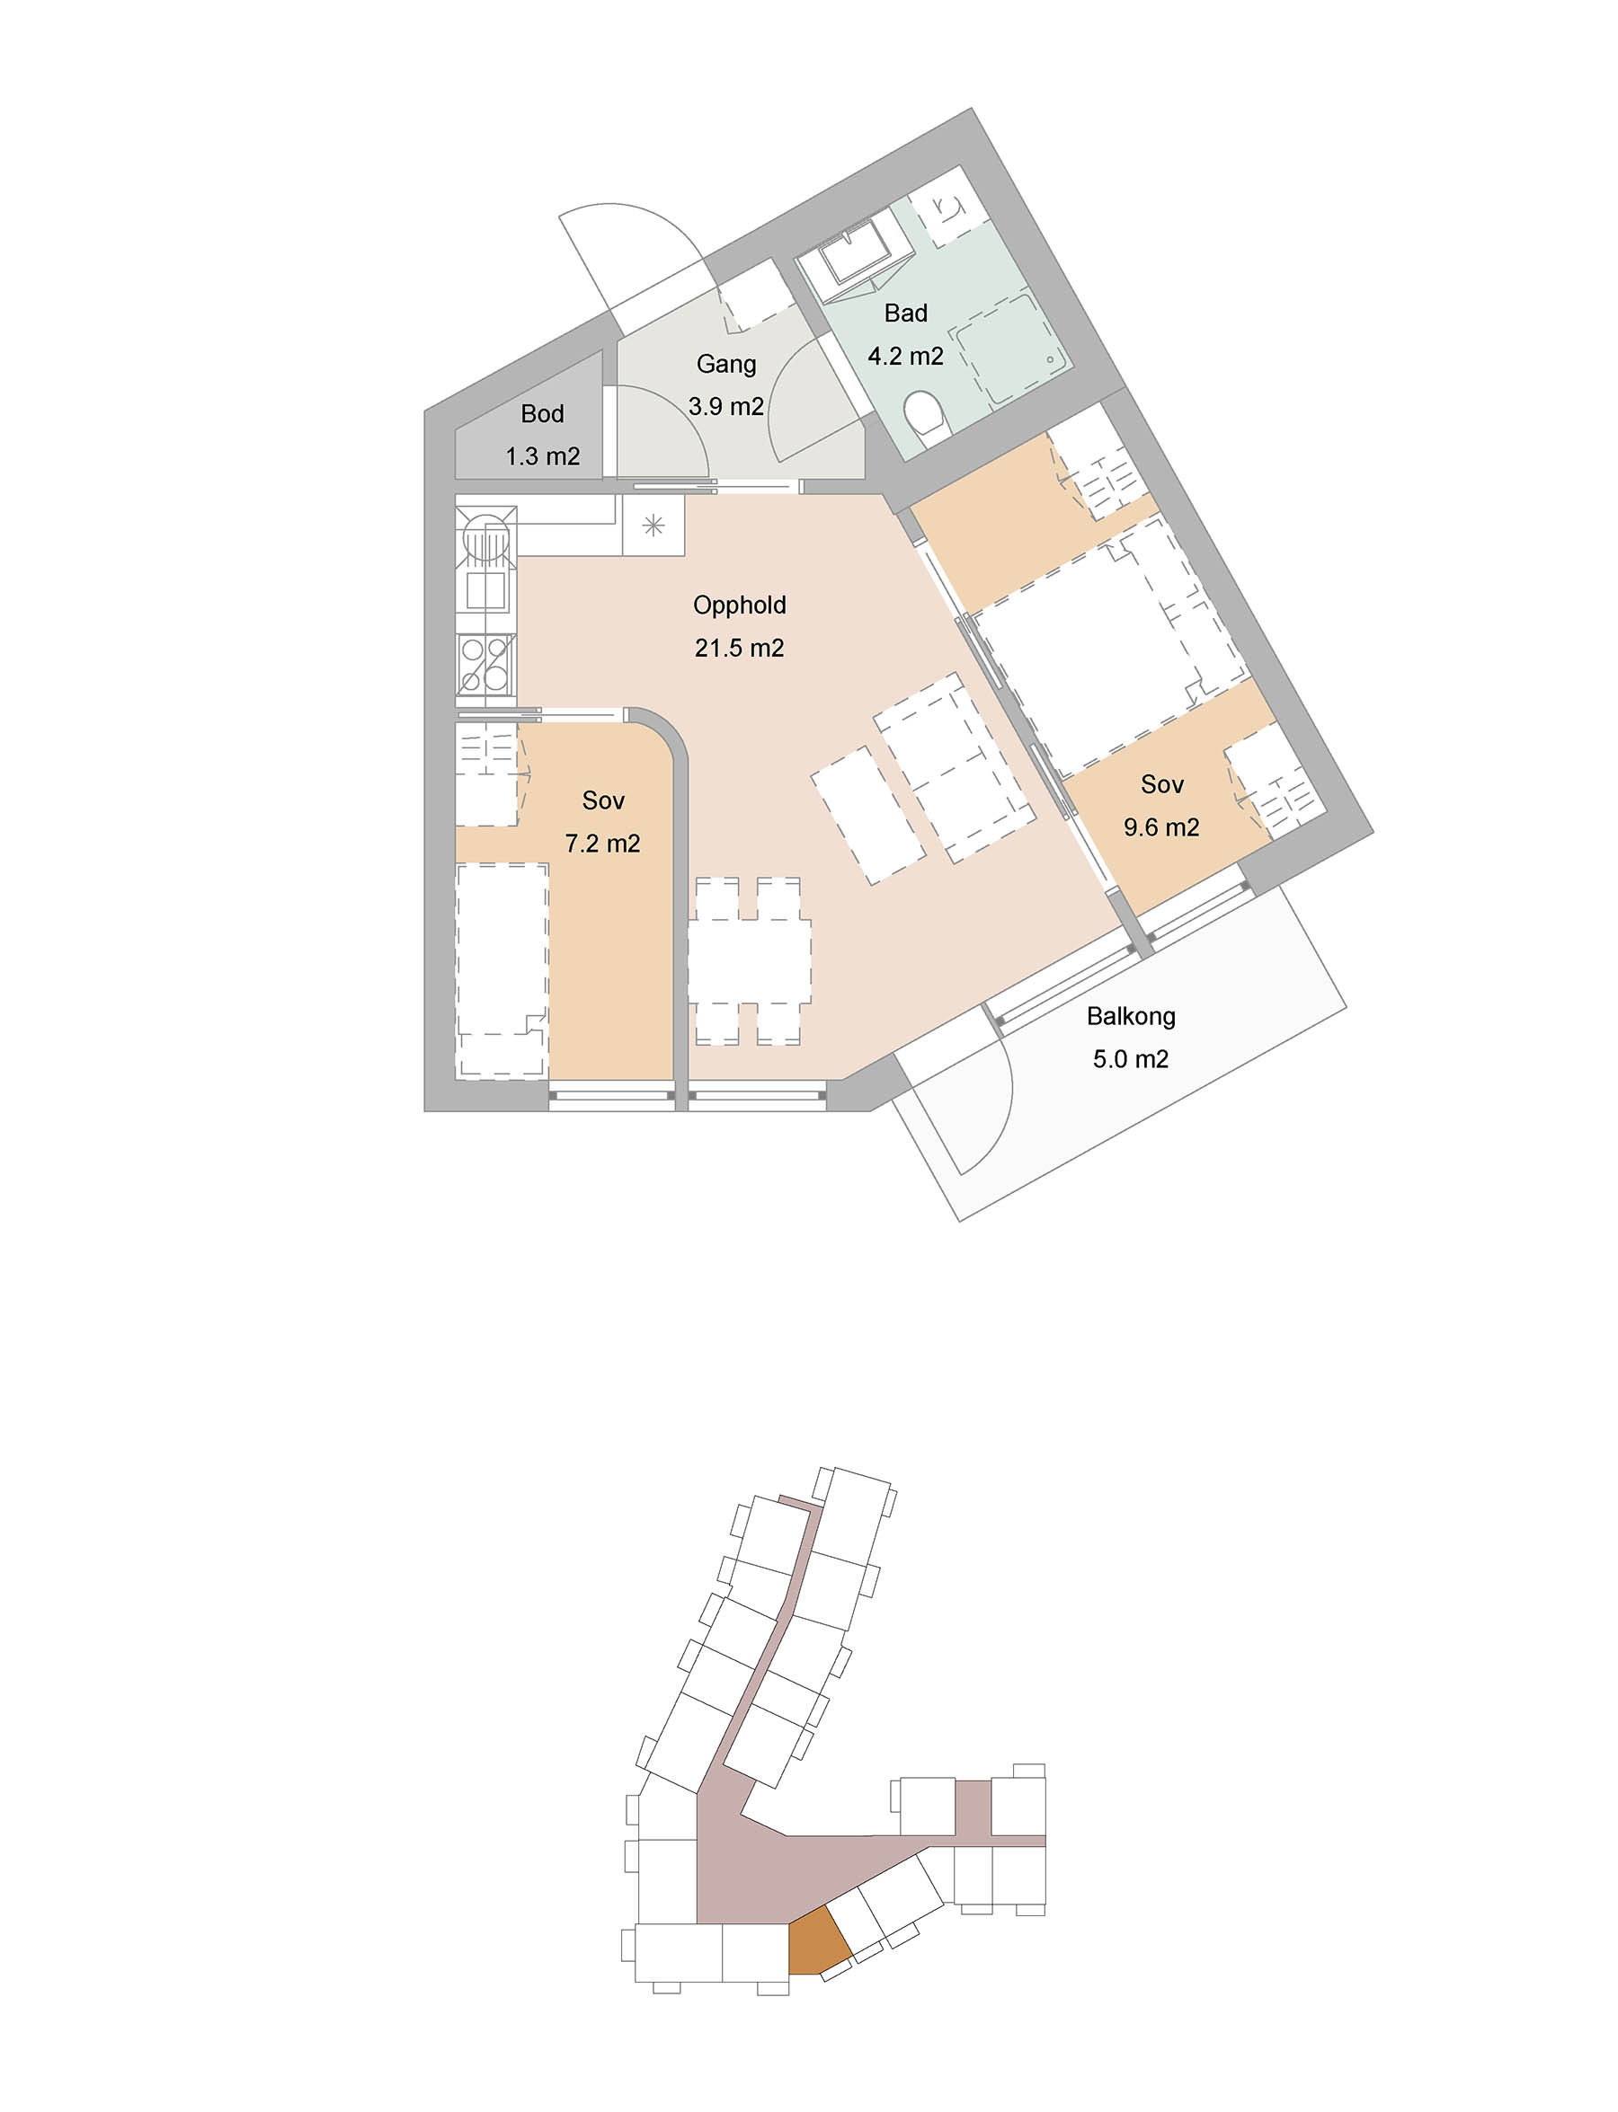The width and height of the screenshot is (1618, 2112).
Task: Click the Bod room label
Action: pyautogui.click(x=542, y=414)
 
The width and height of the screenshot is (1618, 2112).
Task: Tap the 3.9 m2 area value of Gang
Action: pyautogui.click(x=726, y=406)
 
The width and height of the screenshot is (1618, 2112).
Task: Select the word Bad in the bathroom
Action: pyautogui.click(x=905, y=313)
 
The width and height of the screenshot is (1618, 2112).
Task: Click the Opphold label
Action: pyautogui.click(x=740, y=605)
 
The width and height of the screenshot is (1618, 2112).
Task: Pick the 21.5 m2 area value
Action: pyautogui.click(x=740, y=648)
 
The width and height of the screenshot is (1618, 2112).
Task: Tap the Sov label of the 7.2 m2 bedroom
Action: pyautogui.click(x=603, y=800)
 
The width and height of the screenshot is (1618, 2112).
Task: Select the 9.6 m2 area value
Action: pyautogui.click(x=1161, y=826)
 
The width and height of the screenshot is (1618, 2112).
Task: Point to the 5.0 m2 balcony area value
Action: pyautogui.click(x=1131, y=1059)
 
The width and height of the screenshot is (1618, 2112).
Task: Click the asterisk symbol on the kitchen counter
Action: pyautogui.click(x=653, y=525)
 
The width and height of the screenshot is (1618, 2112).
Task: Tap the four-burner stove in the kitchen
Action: pyautogui.click(x=485, y=664)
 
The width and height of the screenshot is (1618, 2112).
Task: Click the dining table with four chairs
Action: pyautogui.click(x=748, y=960)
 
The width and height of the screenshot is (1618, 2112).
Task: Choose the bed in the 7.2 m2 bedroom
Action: pyautogui.click(x=502, y=970)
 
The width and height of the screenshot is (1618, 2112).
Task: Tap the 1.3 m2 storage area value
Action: pyautogui.click(x=542, y=456)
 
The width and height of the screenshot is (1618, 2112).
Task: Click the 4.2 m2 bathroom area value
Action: pyautogui.click(x=905, y=356)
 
